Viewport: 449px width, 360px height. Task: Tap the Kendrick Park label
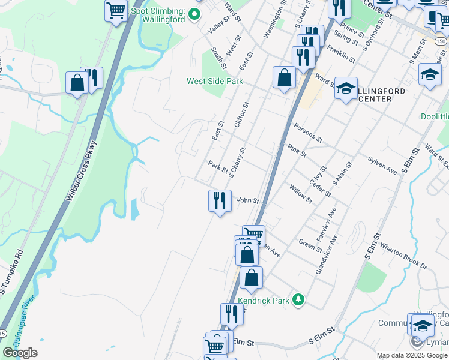pyautogui.click(x=265, y=300)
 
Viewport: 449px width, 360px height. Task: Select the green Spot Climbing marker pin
pyautogui.click(x=194, y=13)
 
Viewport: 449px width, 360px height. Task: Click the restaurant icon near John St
pyautogui.click(x=220, y=200)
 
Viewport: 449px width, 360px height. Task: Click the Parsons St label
pyautogui.click(x=309, y=133)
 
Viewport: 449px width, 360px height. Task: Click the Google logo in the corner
pyautogui.click(x=20, y=353)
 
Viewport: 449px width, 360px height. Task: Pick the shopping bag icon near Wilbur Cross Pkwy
pyautogui.click(x=77, y=83)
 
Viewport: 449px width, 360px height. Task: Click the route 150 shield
pyautogui.click(x=441, y=41)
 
